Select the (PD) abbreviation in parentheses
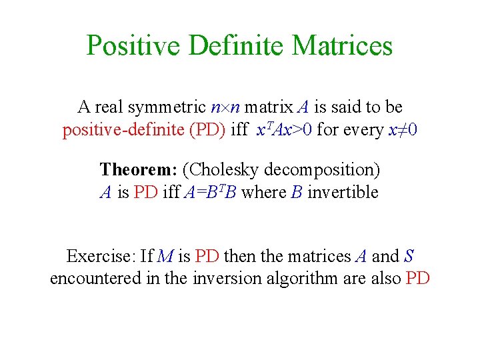point(207,130)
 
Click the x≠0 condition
point(403,130)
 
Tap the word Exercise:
point(101,256)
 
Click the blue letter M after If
point(167,256)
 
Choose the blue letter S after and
point(409,256)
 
